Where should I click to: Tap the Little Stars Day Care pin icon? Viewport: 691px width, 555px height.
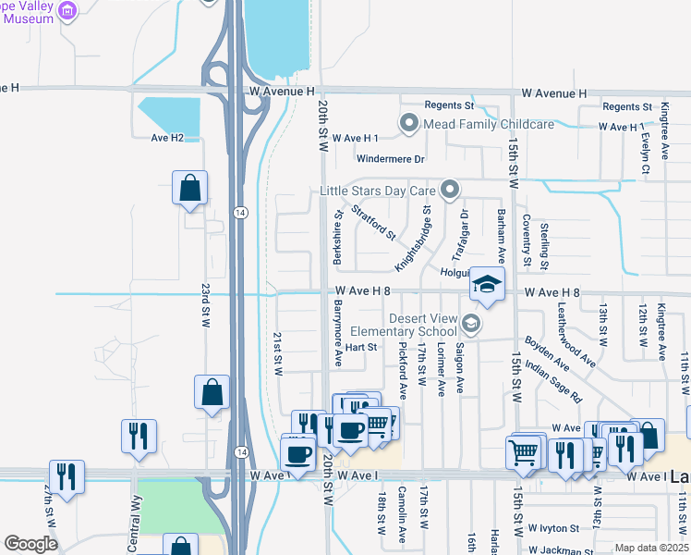click(450, 190)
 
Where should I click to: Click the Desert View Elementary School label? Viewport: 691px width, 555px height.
click(423, 325)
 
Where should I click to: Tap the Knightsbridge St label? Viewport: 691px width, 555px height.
click(413, 239)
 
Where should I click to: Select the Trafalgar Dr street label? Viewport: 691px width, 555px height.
click(460, 235)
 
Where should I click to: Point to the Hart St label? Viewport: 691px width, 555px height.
click(361, 348)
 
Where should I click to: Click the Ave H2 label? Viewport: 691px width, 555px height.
click(167, 138)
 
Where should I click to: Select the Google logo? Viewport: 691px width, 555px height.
click(30, 544)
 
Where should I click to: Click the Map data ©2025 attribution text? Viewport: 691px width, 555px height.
click(651, 548)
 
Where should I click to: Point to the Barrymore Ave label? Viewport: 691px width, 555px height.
click(338, 330)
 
